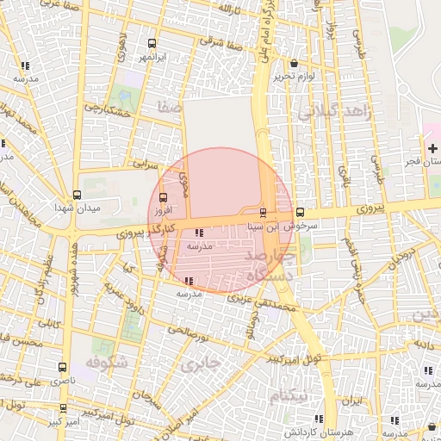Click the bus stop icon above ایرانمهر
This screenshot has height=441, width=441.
click(x=152, y=43)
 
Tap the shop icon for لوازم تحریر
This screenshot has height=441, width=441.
click(x=295, y=63)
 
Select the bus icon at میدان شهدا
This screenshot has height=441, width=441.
click(x=77, y=195)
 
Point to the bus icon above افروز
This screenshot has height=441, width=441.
click(x=164, y=196)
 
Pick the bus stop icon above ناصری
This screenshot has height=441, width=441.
click(x=61, y=367)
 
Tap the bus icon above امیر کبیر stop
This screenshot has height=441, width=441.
click(x=63, y=408)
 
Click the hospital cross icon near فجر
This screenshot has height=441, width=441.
click(x=432, y=148)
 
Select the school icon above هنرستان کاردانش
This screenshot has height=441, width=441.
click(x=394, y=419)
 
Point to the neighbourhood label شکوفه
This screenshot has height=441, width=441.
click(x=108, y=363)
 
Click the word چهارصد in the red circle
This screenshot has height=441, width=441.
click(x=271, y=258)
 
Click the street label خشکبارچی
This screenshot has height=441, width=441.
click(x=106, y=110)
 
